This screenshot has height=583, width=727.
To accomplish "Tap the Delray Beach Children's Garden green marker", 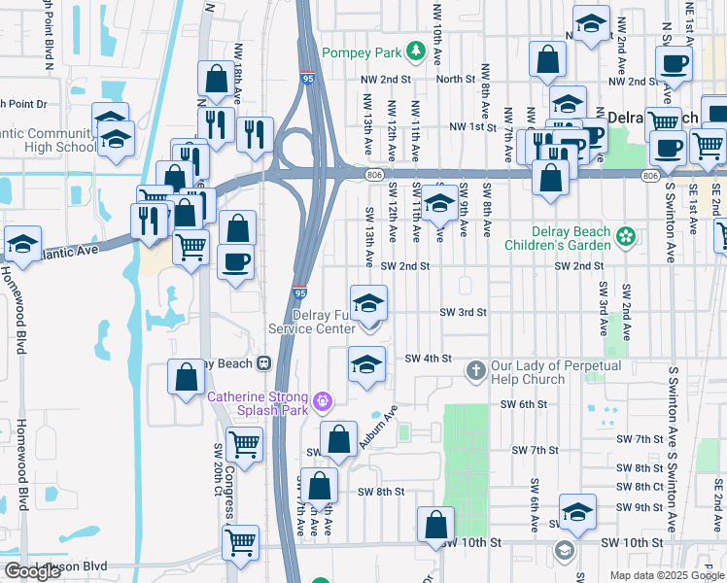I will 627,236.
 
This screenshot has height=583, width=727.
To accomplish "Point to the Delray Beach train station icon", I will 262,363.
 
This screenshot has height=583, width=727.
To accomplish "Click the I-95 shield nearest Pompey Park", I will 307,80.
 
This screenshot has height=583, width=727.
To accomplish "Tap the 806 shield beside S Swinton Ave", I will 650,174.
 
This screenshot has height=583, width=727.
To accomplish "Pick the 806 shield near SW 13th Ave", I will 375,174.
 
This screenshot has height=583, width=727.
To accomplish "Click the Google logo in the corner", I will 32,570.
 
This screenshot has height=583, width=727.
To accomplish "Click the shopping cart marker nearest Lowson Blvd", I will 241,542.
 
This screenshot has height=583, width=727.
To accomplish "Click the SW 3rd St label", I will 463,312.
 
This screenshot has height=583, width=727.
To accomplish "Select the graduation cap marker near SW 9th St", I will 577,513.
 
